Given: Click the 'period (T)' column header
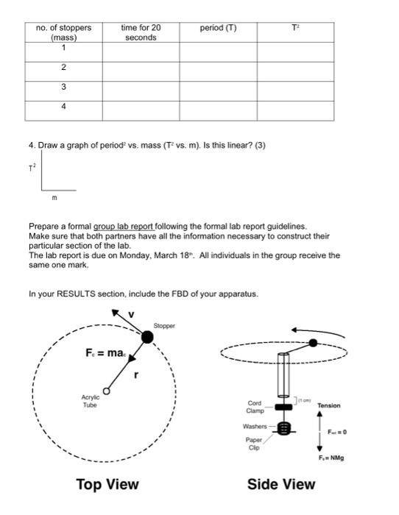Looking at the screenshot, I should click(x=218, y=28).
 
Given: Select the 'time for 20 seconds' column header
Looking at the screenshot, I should click(x=141, y=32).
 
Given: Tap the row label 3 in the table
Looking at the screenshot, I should click(x=63, y=87).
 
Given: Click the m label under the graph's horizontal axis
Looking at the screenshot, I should click(x=54, y=198).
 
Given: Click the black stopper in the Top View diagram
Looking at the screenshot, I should click(x=147, y=337).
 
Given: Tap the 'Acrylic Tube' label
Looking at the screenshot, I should click(x=91, y=401).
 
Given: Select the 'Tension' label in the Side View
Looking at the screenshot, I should click(x=328, y=405).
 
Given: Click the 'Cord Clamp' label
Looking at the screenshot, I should click(x=254, y=407).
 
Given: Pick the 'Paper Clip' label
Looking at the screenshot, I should click(x=253, y=444).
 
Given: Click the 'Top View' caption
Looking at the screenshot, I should click(x=107, y=484).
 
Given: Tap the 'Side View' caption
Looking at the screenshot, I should click(x=281, y=484).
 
